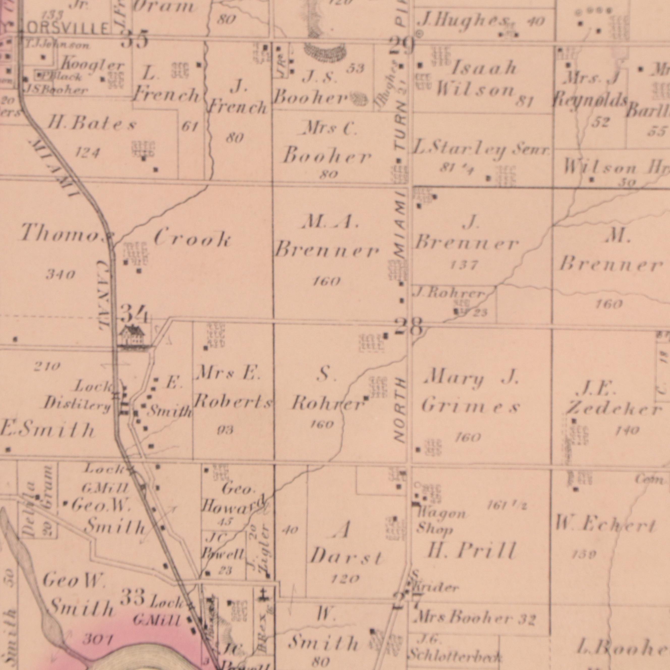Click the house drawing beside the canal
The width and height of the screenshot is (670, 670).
[x=132, y=336]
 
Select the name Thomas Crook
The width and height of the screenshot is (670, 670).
[x=125, y=237]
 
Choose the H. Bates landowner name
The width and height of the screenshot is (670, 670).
[x=92, y=125]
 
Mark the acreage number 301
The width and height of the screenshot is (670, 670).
[x=97, y=638]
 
